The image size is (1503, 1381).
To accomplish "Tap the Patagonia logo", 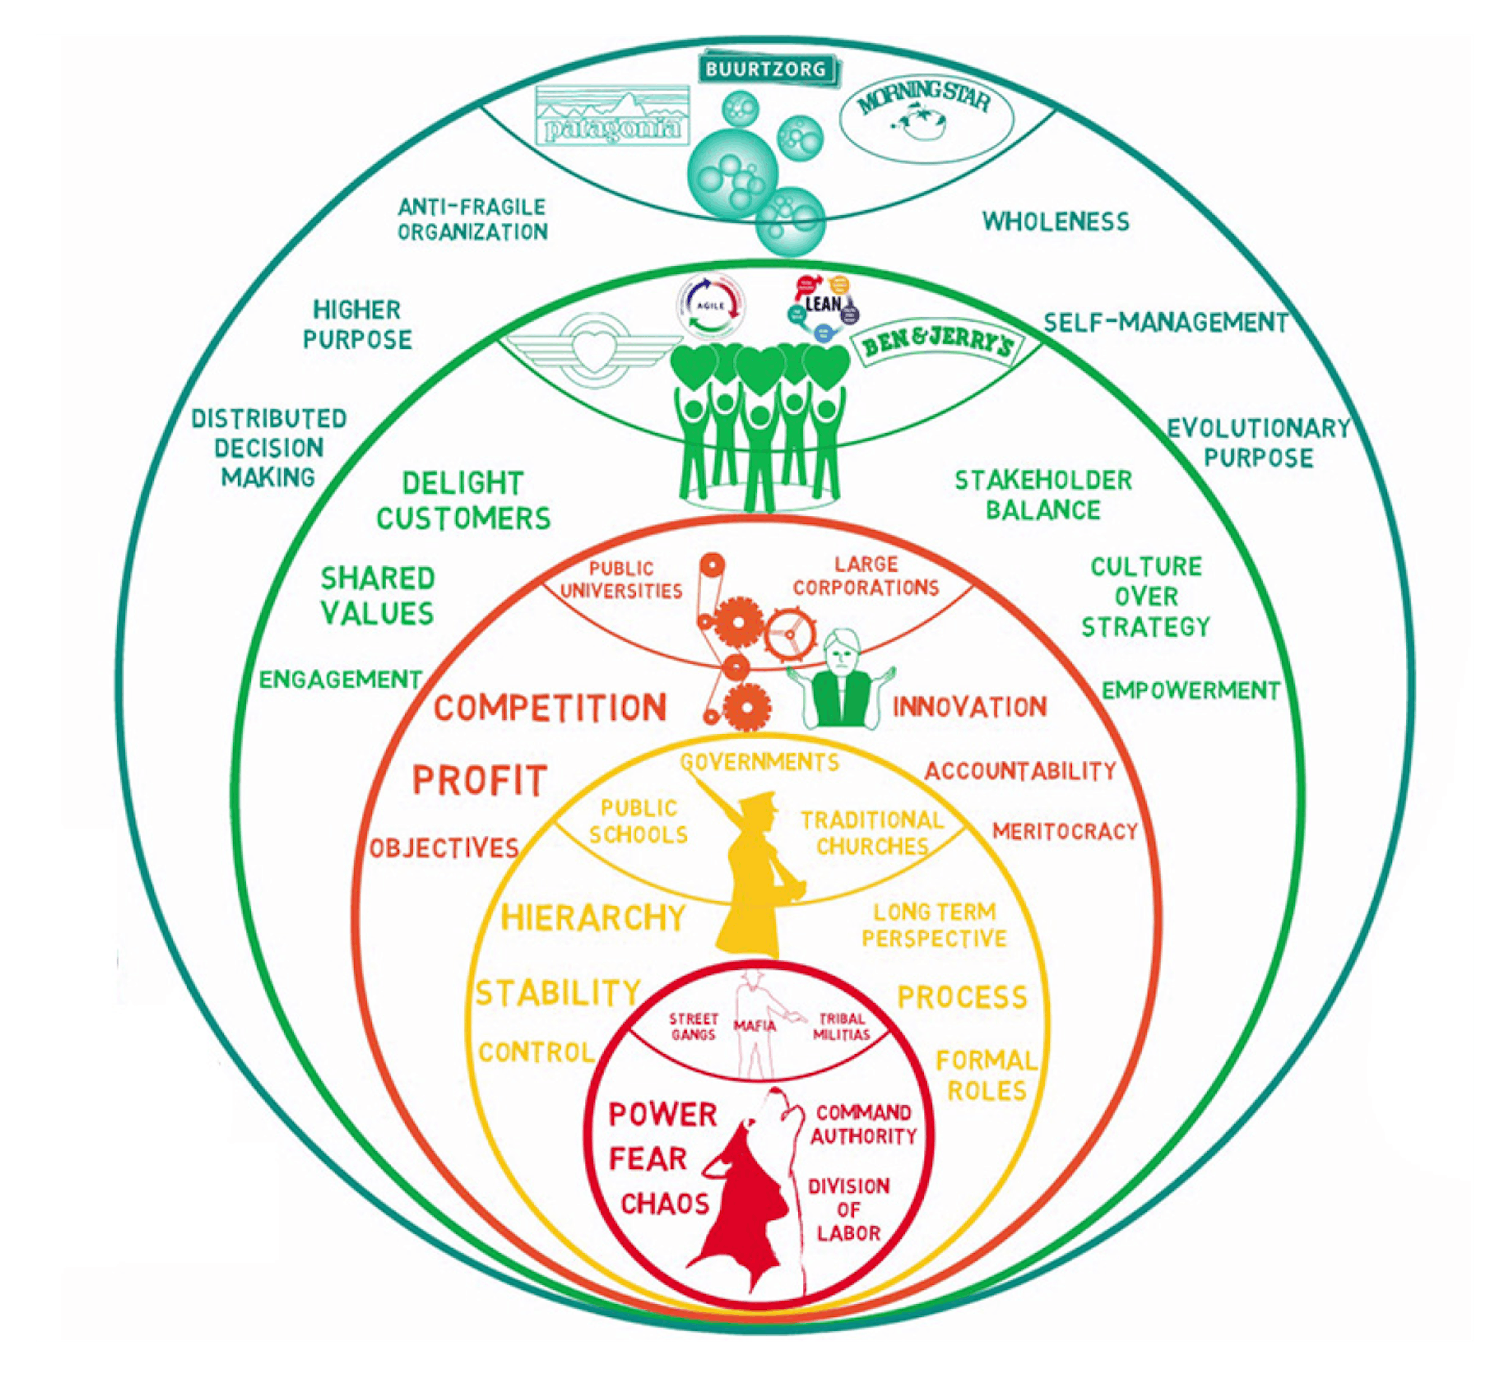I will [x=613, y=116].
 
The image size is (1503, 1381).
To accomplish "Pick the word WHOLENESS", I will [x=1055, y=221].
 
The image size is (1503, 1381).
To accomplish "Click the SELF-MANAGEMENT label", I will [x=1165, y=323].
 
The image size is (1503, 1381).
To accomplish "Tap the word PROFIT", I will [x=480, y=781].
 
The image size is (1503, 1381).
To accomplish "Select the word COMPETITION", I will [x=550, y=708].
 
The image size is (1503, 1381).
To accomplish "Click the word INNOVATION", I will [x=970, y=707].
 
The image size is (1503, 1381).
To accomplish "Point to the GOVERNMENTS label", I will [x=760, y=762].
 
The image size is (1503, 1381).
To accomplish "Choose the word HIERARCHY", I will [x=593, y=918].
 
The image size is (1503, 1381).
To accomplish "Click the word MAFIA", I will [x=754, y=1026].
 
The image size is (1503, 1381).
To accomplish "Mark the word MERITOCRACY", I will [x=1064, y=831].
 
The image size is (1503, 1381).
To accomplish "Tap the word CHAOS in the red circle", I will [x=665, y=1204].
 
